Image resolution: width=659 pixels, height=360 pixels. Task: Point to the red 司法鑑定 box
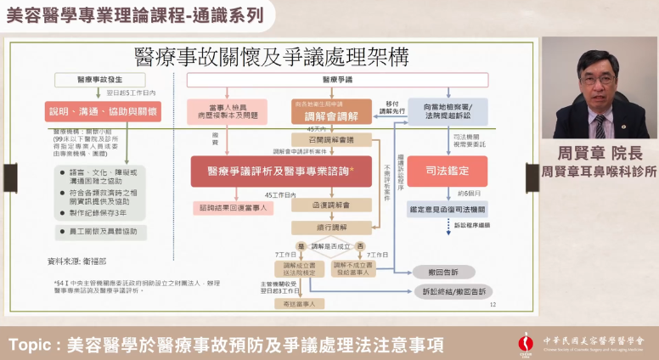tap(447, 171)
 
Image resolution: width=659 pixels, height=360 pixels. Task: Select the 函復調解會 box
tap(319, 205)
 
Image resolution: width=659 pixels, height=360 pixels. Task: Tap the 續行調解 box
tap(319, 228)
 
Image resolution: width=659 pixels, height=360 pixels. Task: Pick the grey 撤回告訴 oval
tap(443, 272)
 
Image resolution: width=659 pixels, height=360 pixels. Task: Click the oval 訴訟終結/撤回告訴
tap(454, 291)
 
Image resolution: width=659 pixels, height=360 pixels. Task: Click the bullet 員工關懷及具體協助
tap(99, 231)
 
